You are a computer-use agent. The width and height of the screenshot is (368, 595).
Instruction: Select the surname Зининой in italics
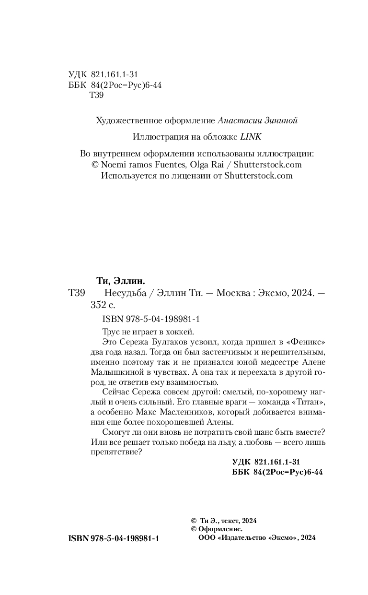(280, 120)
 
